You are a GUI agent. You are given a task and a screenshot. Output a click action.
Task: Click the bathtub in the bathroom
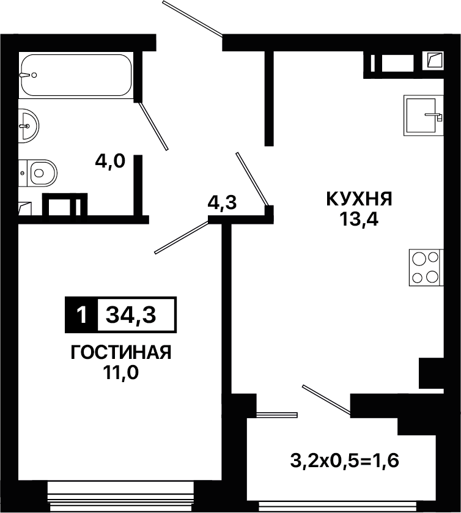click(x=76, y=75)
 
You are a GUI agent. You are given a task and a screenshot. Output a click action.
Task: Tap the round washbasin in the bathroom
click(x=29, y=126)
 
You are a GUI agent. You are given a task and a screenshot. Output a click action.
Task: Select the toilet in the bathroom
click(x=38, y=173)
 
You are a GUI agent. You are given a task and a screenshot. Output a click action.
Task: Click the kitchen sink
click(x=423, y=115)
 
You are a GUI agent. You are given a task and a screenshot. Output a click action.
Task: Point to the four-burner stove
click(x=426, y=267)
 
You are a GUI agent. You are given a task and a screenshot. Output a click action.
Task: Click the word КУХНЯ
click(x=359, y=199)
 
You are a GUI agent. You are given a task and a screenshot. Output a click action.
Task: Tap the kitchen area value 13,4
click(x=359, y=220)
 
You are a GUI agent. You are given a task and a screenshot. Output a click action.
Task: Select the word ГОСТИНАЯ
click(x=121, y=352)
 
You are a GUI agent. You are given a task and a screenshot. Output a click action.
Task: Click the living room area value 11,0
click(x=120, y=372)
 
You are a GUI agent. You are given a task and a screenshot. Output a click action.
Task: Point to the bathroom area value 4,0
click(x=110, y=161)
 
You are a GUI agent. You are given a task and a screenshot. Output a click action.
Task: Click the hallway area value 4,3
click(x=222, y=202)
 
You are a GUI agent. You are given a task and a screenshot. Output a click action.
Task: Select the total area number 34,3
click(x=131, y=315)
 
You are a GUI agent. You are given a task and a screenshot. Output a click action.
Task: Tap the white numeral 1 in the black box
click(x=81, y=315)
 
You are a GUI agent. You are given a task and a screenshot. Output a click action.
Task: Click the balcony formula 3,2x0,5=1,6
click(x=344, y=460)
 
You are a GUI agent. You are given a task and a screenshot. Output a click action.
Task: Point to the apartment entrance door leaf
click(x=193, y=18)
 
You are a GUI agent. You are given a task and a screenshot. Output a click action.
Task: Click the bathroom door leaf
click(x=153, y=125)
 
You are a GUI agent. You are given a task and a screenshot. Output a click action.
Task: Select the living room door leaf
click(x=182, y=237)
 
